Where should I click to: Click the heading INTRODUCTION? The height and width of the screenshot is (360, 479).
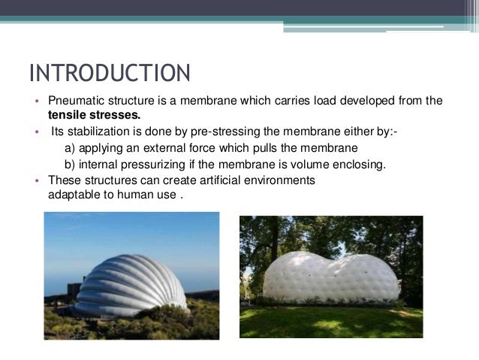pos(110,74)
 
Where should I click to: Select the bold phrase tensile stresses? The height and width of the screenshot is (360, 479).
pos(94,116)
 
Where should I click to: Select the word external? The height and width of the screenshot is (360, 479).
pos(166,148)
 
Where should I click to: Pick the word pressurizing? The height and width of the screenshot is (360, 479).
pos(152,165)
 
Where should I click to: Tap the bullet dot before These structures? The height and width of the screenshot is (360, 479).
pos(35,181)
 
